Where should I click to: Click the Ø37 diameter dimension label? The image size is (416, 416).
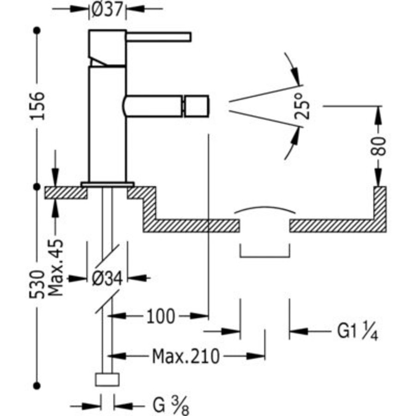tap(107, 9)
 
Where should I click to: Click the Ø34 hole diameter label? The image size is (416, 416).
tap(107, 279)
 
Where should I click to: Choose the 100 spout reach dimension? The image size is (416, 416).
tap(161, 317)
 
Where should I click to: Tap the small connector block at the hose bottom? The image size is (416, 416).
tap(107, 379)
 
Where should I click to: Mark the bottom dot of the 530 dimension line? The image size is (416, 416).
tap(37, 385)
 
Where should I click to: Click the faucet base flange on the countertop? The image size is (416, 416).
tap(107, 184)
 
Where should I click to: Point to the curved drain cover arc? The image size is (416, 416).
tap(265, 209)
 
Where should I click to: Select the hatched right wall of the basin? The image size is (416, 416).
tap(380, 208)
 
